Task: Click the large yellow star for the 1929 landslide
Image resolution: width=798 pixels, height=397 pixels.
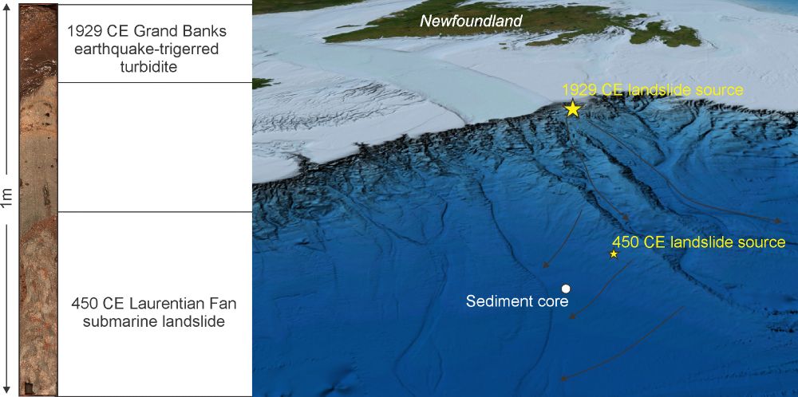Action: click(x=572, y=109)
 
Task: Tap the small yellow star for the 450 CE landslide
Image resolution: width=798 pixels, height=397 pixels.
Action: click(x=614, y=254)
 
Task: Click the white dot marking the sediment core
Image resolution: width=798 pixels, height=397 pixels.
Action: click(x=566, y=288)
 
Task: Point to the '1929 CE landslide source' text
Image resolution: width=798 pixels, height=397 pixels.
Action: click(x=653, y=90)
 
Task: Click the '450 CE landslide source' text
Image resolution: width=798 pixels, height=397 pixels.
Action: click(x=698, y=242)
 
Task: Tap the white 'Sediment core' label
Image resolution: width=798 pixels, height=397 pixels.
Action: click(x=516, y=301)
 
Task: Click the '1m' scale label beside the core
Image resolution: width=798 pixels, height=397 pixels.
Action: click(x=7, y=199)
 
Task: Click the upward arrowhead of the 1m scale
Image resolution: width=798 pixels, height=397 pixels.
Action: click(x=7, y=8)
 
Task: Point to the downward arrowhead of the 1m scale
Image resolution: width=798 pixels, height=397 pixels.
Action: click(x=7, y=391)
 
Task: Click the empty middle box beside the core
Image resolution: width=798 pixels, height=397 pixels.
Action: click(x=155, y=147)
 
